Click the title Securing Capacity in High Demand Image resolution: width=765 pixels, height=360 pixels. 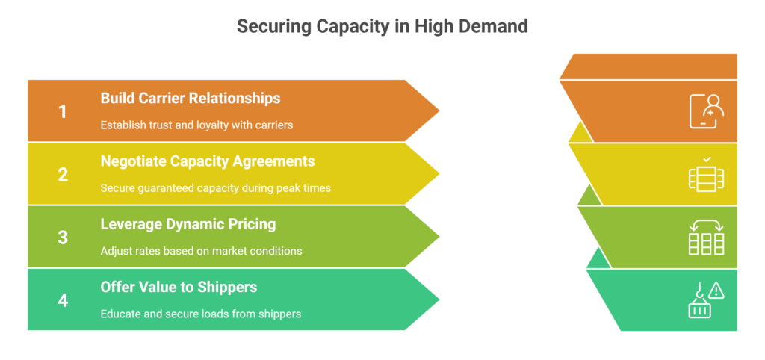pyautogui.click(x=382, y=26)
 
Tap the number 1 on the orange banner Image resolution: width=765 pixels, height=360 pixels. pyautogui.click(x=63, y=112)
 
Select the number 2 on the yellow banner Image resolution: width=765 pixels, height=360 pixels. pyautogui.click(x=63, y=175)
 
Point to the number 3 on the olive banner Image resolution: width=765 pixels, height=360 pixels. pyautogui.click(x=63, y=238)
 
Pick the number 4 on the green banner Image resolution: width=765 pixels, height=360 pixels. pyautogui.click(x=63, y=300)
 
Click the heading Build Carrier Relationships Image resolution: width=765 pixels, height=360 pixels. pyautogui.click(x=191, y=98)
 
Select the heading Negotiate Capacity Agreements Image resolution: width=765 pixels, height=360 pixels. pyautogui.click(x=208, y=161)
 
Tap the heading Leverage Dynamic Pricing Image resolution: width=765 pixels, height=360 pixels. pyautogui.click(x=188, y=223)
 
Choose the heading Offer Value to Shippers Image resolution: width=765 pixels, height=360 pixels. pyautogui.click(x=179, y=286)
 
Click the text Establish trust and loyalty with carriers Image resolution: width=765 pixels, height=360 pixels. pyautogui.click(x=196, y=125)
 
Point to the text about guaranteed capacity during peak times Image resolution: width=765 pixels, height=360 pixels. pyautogui.click(x=215, y=187)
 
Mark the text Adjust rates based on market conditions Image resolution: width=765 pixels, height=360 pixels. pyautogui.click(x=201, y=251)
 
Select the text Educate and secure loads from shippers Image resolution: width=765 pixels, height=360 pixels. pyautogui.click(x=201, y=314)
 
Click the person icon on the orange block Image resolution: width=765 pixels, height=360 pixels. pyautogui.click(x=706, y=111)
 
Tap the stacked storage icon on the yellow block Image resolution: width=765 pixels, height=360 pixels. pyautogui.click(x=706, y=178)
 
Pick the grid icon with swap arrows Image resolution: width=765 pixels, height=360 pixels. pyautogui.click(x=706, y=238)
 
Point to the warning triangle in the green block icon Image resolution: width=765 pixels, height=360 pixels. pyautogui.click(x=717, y=291)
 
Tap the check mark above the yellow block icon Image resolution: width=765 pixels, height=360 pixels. pyautogui.click(x=707, y=159)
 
